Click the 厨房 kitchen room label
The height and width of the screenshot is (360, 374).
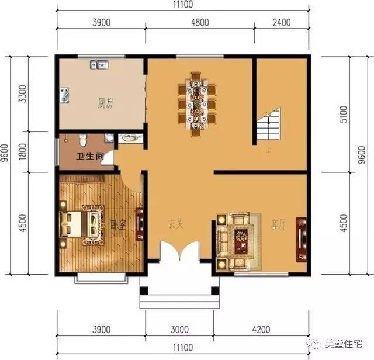[x=105, y=105]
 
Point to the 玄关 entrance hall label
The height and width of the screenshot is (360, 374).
[x=176, y=223]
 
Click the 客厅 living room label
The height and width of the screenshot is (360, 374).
[x=278, y=223]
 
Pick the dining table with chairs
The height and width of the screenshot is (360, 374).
[x=197, y=100]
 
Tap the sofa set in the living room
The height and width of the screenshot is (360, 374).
[x=237, y=237]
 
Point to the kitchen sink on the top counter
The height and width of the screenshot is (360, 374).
[x=98, y=65]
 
